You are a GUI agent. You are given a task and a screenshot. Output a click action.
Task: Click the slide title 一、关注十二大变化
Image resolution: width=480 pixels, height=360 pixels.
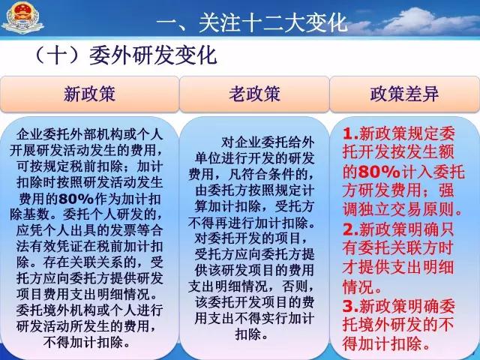[x=252, y=22]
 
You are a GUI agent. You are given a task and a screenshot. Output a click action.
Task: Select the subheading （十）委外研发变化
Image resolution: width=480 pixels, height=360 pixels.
[x=125, y=55]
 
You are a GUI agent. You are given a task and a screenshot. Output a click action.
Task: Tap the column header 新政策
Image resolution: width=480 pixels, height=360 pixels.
[x=89, y=94]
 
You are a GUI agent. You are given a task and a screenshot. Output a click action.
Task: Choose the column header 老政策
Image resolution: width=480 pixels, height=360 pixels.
[x=254, y=94]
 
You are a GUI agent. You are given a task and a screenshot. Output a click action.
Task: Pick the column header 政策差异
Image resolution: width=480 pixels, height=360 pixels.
[x=404, y=94]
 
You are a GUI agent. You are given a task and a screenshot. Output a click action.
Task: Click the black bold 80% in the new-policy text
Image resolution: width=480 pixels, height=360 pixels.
[x=76, y=199]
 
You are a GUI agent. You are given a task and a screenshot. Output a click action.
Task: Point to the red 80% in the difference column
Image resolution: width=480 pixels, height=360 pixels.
[x=379, y=172]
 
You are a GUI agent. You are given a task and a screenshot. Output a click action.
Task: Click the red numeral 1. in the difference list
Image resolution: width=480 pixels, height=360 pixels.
[x=351, y=134]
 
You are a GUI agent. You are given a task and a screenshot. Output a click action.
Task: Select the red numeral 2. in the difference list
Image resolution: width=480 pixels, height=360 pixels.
[x=351, y=229]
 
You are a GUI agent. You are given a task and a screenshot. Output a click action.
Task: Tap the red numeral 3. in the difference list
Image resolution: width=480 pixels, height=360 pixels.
[x=351, y=306]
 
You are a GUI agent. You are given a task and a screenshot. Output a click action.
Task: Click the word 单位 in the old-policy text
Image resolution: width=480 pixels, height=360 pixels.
[x=208, y=158]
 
